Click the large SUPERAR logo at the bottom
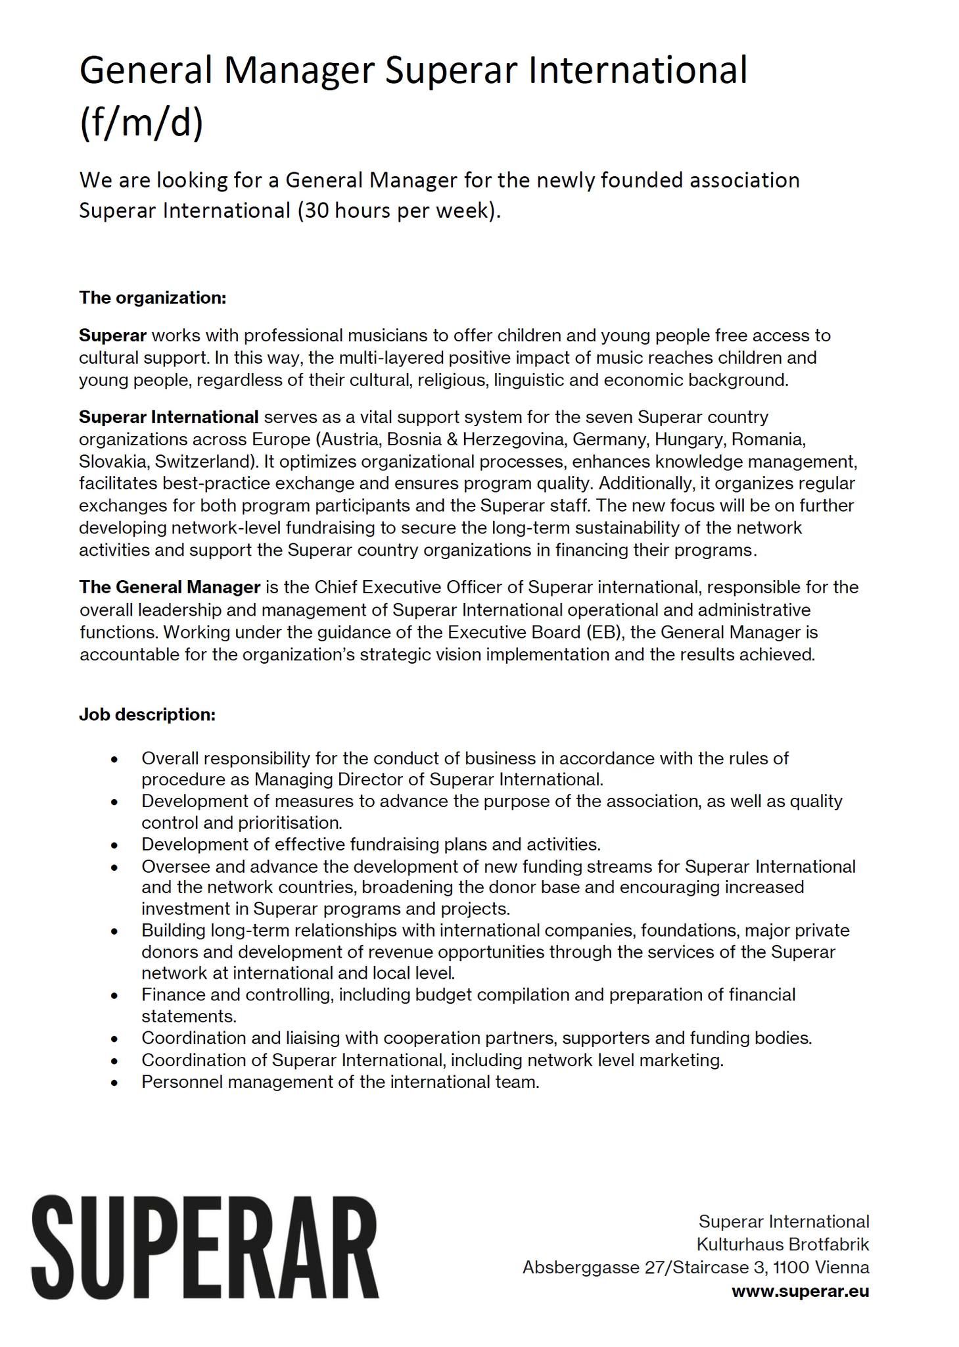click(x=205, y=1247)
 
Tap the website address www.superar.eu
click(x=800, y=1290)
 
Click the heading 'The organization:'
click(x=152, y=297)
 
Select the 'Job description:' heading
click(x=147, y=714)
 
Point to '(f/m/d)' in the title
click(x=141, y=123)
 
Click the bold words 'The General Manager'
click(x=170, y=587)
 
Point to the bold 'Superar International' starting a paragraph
click(x=168, y=417)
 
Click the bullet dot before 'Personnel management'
click(x=115, y=1082)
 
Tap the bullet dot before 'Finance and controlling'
click(x=115, y=996)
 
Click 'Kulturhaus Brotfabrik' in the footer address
click(x=782, y=1244)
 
